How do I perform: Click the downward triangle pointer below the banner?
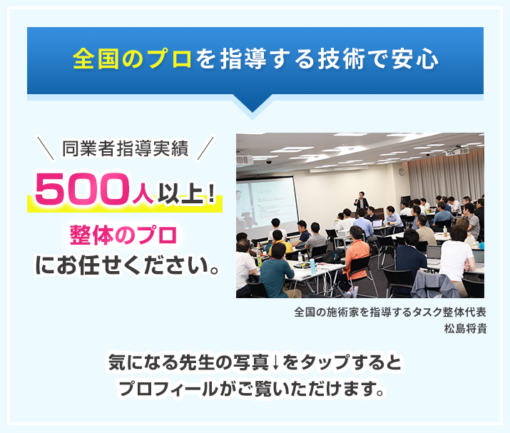coord(255,107)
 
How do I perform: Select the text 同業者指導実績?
coord(125,149)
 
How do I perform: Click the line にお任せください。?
coord(126,266)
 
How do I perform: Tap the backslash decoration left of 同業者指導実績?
coord(47,150)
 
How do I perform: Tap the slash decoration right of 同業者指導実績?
coord(205,150)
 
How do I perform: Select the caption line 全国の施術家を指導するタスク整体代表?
coord(390,312)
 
